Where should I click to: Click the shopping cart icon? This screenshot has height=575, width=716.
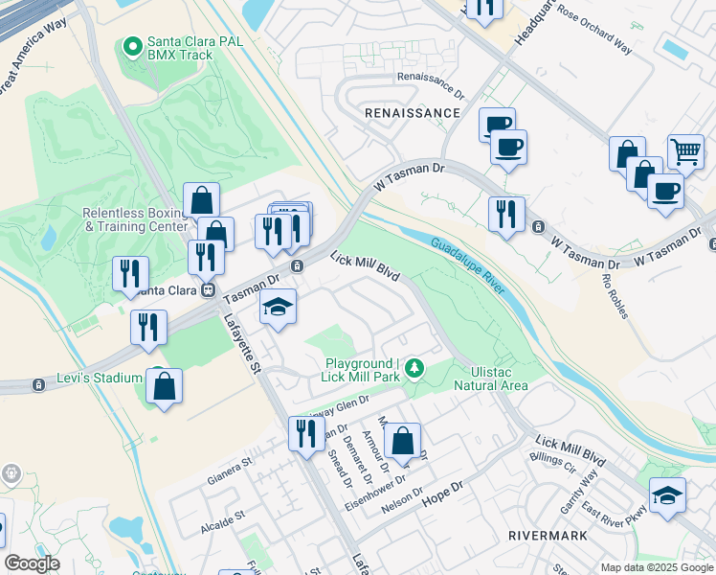[685, 151]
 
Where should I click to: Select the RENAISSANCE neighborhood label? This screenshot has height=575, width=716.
[413, 113]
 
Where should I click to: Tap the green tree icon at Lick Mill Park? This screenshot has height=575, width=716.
[414, 366]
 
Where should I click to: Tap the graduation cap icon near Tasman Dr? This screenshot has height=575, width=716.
[279, 307]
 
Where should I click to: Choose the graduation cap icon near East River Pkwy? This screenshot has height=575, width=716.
[667, 495]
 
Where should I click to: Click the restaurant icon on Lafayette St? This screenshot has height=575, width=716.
[306, 432]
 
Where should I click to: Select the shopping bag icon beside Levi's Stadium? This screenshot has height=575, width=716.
[165, 385]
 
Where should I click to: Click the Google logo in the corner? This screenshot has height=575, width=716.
[32, 563]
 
